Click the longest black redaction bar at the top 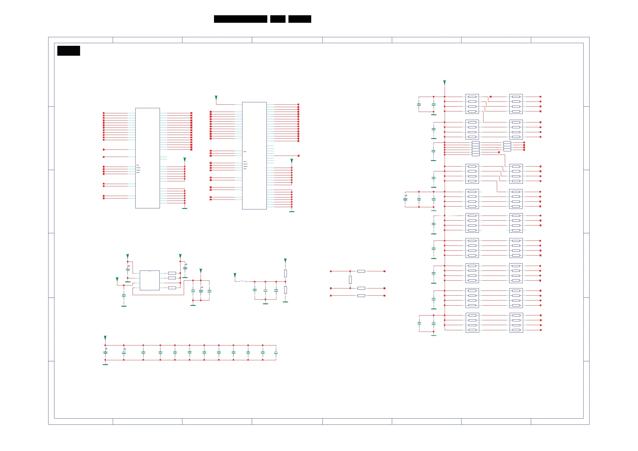click(240, 19)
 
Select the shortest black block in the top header click(277, 19)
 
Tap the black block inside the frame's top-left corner click(69, 51)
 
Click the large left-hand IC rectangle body click(147, 158)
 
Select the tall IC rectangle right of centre click(254, 156)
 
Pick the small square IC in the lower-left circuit click(149, 280)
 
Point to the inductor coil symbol click(242, 281)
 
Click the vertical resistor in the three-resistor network click(350, 280)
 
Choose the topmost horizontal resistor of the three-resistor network click(361, 271)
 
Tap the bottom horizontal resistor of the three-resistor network click(361, 296)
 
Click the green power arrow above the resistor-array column click(445, 82)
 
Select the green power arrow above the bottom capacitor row click(105, 338)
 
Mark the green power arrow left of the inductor click(235, 275)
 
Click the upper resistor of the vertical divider click(285, 273)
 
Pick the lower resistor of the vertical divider click(285, 290)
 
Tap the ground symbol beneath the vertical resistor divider click(285, 302)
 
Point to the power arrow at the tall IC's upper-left click(216, 98)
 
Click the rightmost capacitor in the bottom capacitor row click(276, 353)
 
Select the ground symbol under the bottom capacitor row click(105, 364)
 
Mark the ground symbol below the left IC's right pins click(185, 208)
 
